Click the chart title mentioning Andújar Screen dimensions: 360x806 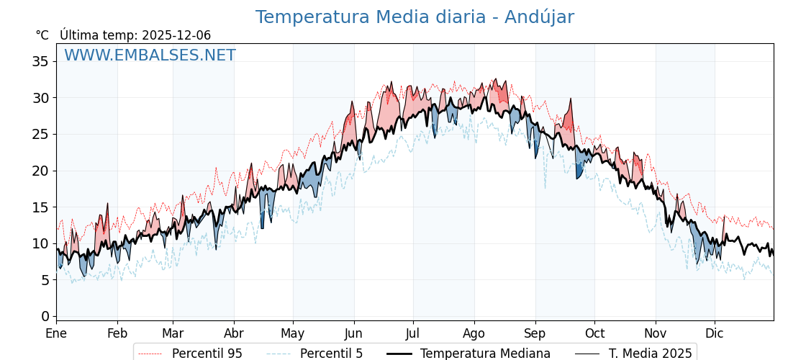point(415,17)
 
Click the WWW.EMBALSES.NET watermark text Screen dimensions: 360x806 point(150,55)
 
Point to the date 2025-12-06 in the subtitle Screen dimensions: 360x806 point(176,35)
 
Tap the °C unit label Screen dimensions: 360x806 point(42,35)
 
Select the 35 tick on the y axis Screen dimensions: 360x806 point(41,61)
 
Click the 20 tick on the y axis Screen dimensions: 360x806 point(41,171)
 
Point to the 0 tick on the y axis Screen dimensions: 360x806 point(45,316)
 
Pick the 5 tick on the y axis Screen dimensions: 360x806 point(45,279)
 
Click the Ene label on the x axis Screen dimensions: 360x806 point(56,333)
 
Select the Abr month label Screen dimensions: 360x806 point(234,333)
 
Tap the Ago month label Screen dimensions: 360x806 point(474,333)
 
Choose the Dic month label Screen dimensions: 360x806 point(715,333)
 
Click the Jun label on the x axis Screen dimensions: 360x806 point(353,333)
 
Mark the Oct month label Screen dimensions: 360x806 point(594,333)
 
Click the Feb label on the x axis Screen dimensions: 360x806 point(117,333)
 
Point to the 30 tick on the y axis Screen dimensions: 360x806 point(41,98)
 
